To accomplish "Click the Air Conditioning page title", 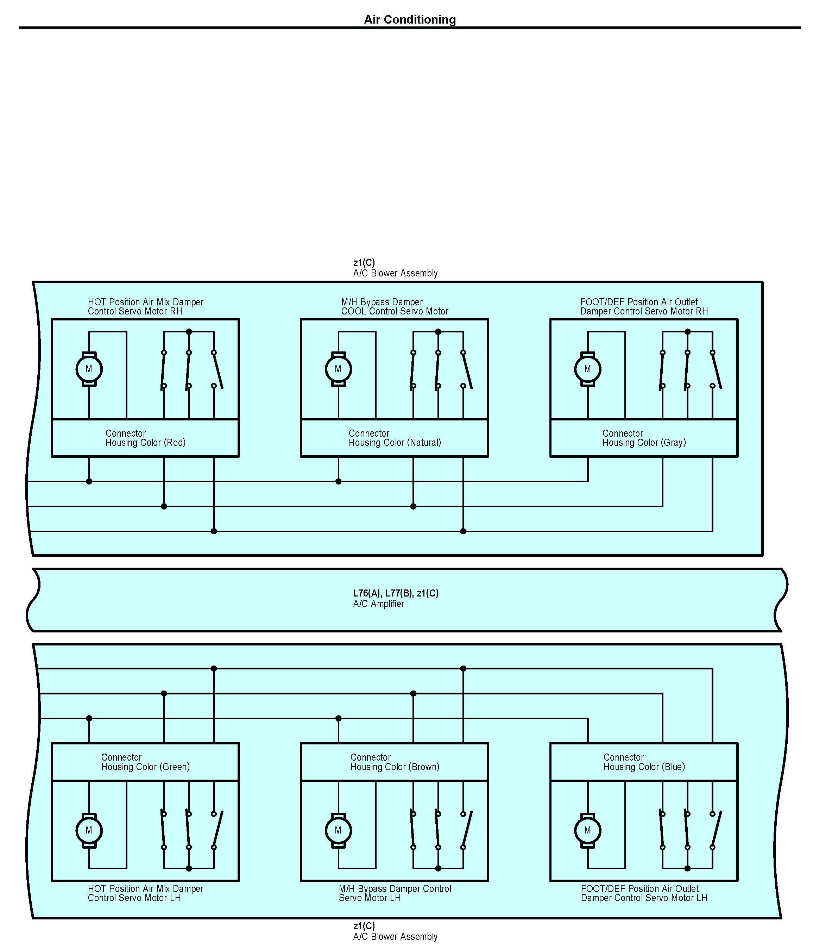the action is point(410,20).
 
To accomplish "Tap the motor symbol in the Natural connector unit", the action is point(338,369).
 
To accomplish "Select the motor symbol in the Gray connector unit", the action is point(587,369).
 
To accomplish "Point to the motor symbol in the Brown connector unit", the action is point(338,830).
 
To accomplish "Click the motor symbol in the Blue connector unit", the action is point(587,830).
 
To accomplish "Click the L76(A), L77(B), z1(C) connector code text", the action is point(396,593).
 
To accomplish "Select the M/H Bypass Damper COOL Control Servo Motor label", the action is point(395,307).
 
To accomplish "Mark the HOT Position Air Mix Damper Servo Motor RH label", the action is point(146,307).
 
